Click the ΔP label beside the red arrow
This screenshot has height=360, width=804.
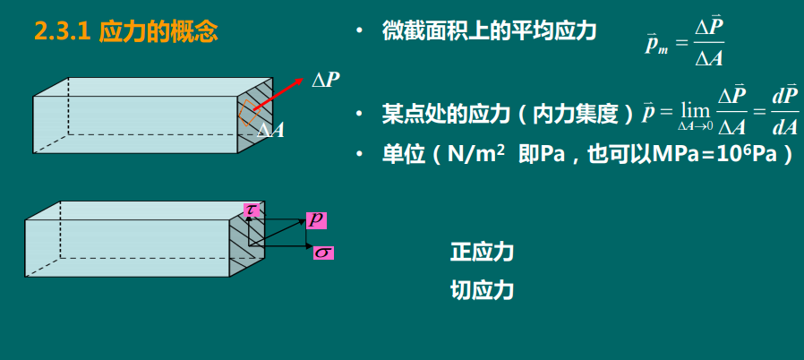click(x=325, y=80)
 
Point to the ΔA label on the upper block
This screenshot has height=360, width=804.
click(x=271, y=131)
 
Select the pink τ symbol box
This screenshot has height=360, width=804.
click(x=252, y=210)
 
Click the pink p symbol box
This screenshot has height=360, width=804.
click(x=316, y=219)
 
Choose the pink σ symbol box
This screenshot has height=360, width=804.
click(x=323, y=253)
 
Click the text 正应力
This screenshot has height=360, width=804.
click(x=482, y=252)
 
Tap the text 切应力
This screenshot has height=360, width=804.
click(x=482, y=290)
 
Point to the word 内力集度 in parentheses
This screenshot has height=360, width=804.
click(x=578, y=114)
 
